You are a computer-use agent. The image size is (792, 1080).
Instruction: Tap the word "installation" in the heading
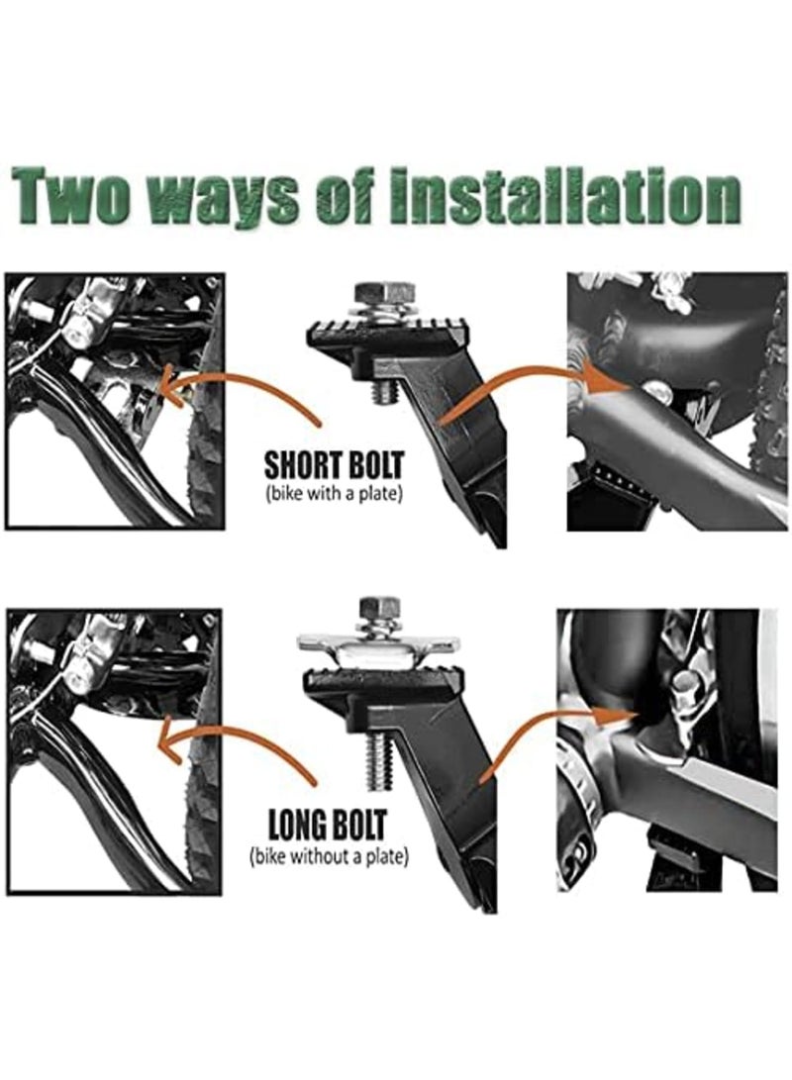click(565, 196)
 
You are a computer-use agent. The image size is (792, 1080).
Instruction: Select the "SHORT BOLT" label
click(334, 465)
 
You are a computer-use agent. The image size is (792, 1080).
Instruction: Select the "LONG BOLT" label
click(328, 823)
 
